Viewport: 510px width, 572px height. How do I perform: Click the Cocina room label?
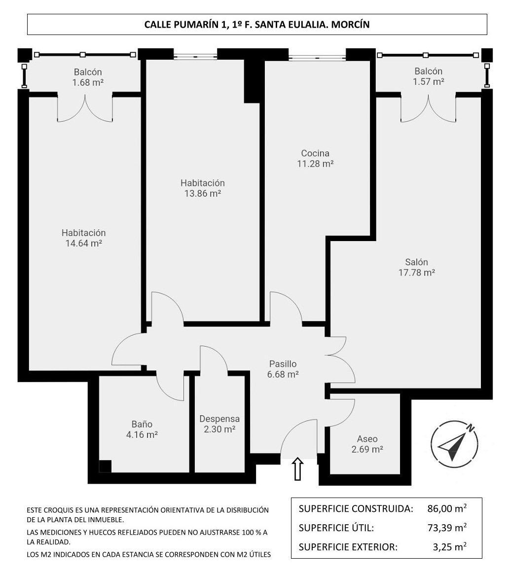click(x=315, y=158)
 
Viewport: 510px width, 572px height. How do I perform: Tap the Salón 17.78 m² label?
click(x=416, y=267)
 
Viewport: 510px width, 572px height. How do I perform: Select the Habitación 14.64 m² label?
click(x=83, y=238)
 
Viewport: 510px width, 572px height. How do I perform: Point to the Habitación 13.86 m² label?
click(x=202, y=188)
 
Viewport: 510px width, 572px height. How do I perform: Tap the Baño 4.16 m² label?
click(x=142, y=429)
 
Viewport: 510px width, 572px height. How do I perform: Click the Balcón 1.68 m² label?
click(x=88, y=77)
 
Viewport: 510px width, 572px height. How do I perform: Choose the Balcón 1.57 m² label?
click(x=428, y=76)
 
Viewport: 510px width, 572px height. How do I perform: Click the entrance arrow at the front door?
click(x=298, y=469)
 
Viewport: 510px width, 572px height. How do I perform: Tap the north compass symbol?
click(x=455, y=444)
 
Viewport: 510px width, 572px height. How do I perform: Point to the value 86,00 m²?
click(x=447, y=508)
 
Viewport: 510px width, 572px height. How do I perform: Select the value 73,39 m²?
click(x=447, y=528)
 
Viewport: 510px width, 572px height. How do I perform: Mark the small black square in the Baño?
click(x=105, y=466)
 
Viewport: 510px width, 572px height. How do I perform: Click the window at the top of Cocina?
click(x=317, y=57)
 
